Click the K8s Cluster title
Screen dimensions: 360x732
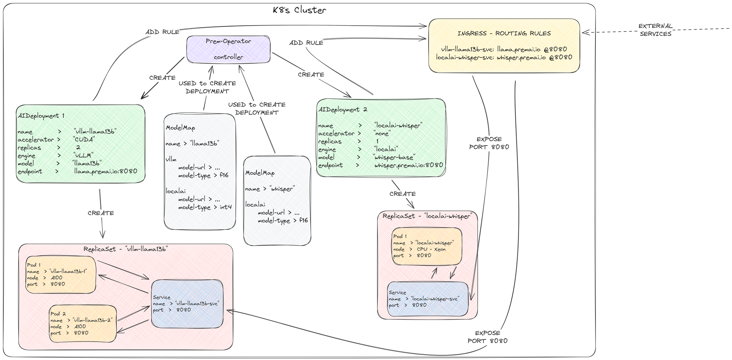click(x=299, y=10)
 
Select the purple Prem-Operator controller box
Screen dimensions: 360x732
click(x=228, y=49)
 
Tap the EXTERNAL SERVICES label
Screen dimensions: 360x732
click(x=656, y=30)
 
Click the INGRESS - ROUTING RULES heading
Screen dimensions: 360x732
click(x=504, y=33)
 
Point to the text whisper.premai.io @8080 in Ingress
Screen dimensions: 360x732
click(x=534, y=57)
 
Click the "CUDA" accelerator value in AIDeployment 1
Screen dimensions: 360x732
click(x=84, y=139)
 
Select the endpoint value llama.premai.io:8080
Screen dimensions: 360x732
click(x=106, y=171)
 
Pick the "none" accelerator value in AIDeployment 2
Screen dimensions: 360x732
click(x=382, y=134)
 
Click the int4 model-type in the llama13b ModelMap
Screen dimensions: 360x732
click(x=225, y=207)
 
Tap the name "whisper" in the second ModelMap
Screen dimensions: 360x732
click(x=282, y=189)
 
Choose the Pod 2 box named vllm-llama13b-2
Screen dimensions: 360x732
click(x=83, y=323)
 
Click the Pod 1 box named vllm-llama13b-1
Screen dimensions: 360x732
click(x=61, y=274)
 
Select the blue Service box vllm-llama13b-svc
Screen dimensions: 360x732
click(x=187, y=304)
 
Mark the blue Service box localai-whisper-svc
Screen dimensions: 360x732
click(x=427, y=299)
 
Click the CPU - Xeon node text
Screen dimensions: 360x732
click(x=431, y=249)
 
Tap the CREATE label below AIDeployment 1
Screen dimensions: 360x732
click(x=101, y=213)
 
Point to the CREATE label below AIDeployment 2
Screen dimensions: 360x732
click(x=403, y=194)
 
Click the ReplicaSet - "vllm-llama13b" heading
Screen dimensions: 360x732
click(x=126, y=249)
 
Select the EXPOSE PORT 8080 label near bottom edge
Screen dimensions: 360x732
click(x=488, y=337)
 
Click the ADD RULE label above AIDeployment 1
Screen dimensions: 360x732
click(x=162, y=32)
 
